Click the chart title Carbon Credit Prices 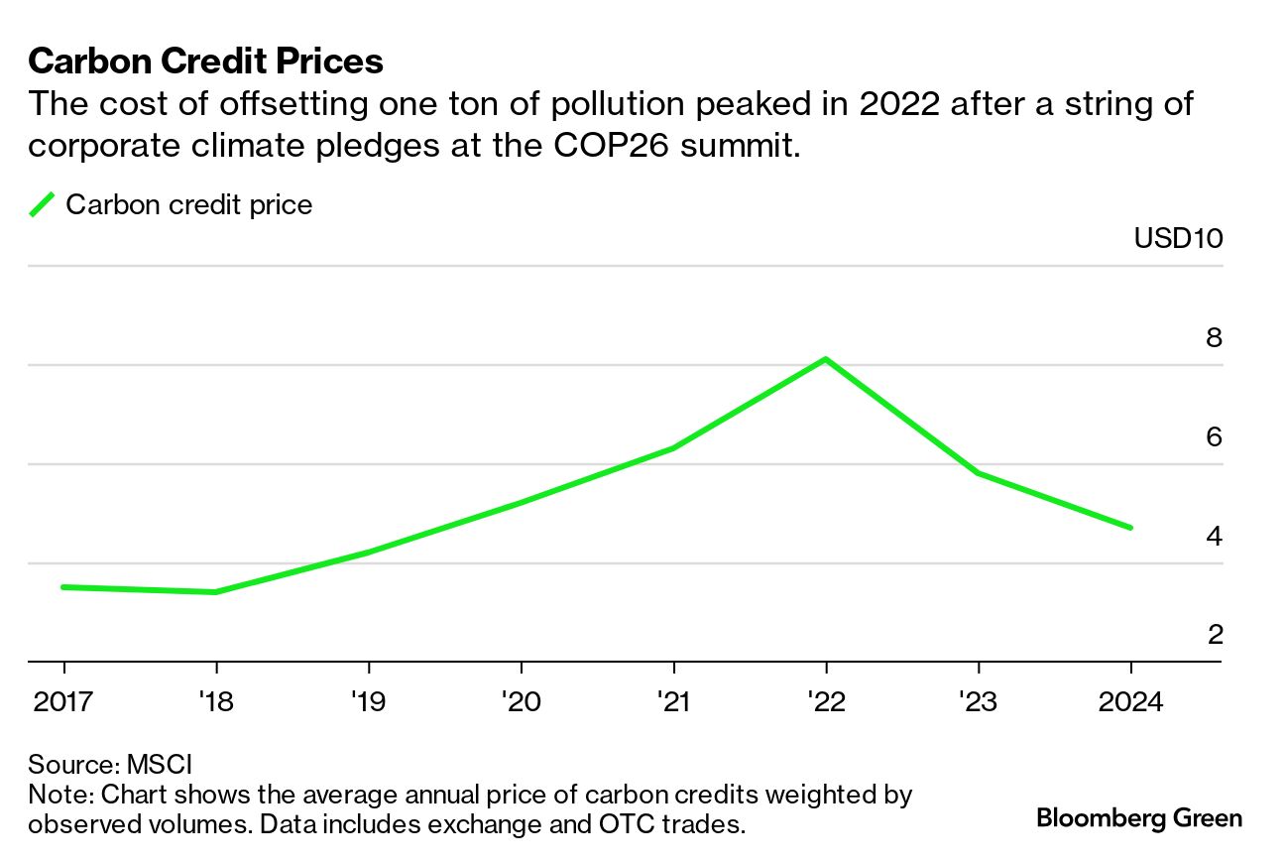(206, 62)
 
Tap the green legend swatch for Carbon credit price (42, 205)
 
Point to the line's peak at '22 (825, 359)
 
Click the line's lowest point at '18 (216, 592)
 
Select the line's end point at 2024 (1130, 528)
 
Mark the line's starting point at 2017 (63, 587)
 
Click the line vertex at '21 (674, 448)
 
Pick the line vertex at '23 (979, 473)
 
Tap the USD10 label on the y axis (1178, 239)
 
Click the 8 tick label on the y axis (1214, 337)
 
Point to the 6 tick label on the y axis (1214, 436)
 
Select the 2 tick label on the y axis (1214, 634)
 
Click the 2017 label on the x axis (63, 702)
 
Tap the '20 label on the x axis (521, 702)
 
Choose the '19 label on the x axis (368, 702)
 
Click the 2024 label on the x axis (1130, 702)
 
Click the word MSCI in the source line (160, 765)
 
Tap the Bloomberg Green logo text (1139, 818)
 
